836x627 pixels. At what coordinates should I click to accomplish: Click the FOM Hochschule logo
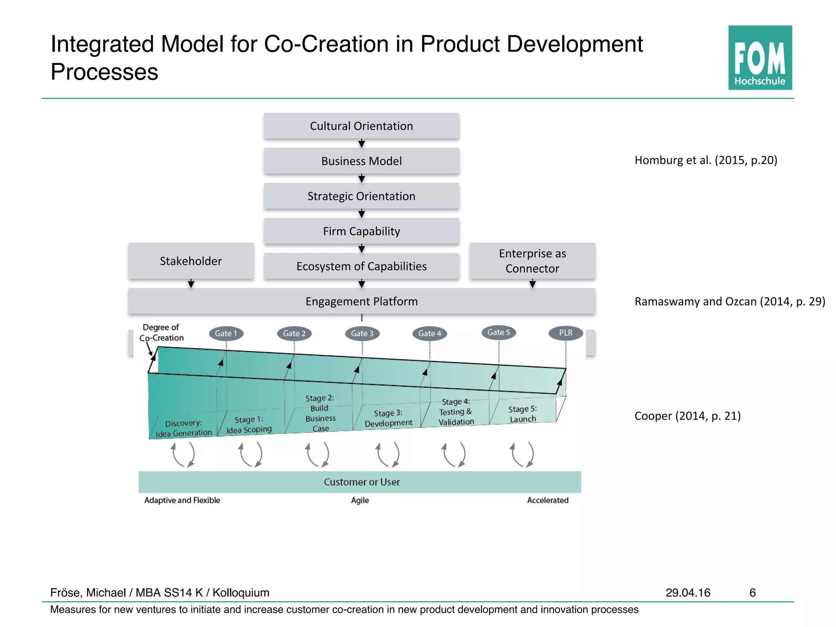tap(760, 58)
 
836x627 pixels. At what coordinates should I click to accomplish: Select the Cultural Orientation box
tap(361, 126)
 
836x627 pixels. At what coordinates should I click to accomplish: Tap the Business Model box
tap(361, 161)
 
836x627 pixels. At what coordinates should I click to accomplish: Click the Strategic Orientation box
tap(361, 196)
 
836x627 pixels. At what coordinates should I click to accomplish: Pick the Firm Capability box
tap(361, 231)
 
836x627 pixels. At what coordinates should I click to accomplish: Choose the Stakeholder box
tap(191, 261)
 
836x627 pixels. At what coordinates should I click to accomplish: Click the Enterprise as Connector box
tap(532, 261)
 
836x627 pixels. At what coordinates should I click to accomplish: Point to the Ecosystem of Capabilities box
tap(361, 266)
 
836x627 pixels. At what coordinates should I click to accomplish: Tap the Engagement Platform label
tap(361, 301)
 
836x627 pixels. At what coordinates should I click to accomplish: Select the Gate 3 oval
tap(362, 333)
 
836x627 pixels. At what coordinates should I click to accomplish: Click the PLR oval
tap(565, 333)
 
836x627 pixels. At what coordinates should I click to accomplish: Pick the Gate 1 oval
tap(226, 333)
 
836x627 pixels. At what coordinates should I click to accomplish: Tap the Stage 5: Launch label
tap(522, 414)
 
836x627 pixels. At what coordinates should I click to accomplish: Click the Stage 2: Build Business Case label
tap(320, 413)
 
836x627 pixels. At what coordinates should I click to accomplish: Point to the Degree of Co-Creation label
tap(162, 332)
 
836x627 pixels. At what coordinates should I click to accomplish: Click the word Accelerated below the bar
tap(547, 500)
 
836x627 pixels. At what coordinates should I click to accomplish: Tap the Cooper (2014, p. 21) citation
tap(687, 416)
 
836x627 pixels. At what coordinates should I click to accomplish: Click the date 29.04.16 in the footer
tap(688, 592)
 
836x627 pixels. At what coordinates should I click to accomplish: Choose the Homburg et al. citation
tap(706, 160)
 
